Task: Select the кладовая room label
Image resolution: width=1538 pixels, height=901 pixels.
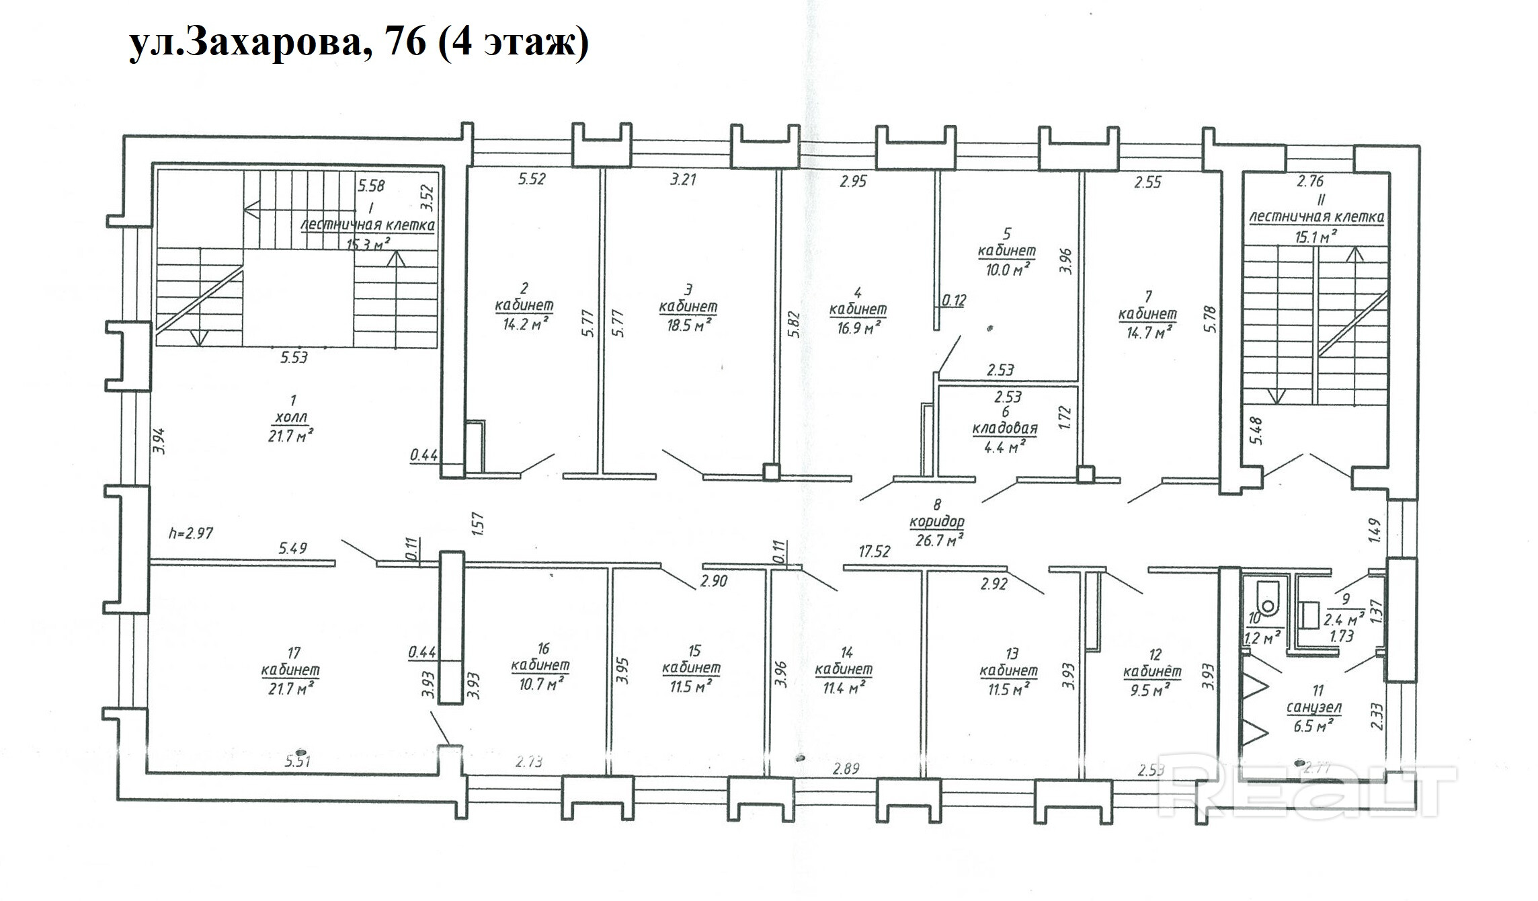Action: click(1004, 428)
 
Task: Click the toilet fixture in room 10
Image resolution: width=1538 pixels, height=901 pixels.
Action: click(1266, 599)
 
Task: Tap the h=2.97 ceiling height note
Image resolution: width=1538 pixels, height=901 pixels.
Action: click(192, 533)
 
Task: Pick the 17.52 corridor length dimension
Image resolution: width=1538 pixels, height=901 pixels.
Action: click(875, 551)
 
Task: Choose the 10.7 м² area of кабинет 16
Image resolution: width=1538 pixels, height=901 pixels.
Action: click(540, 682)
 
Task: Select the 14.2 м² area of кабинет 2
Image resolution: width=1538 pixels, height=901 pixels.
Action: click(524, 325)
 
